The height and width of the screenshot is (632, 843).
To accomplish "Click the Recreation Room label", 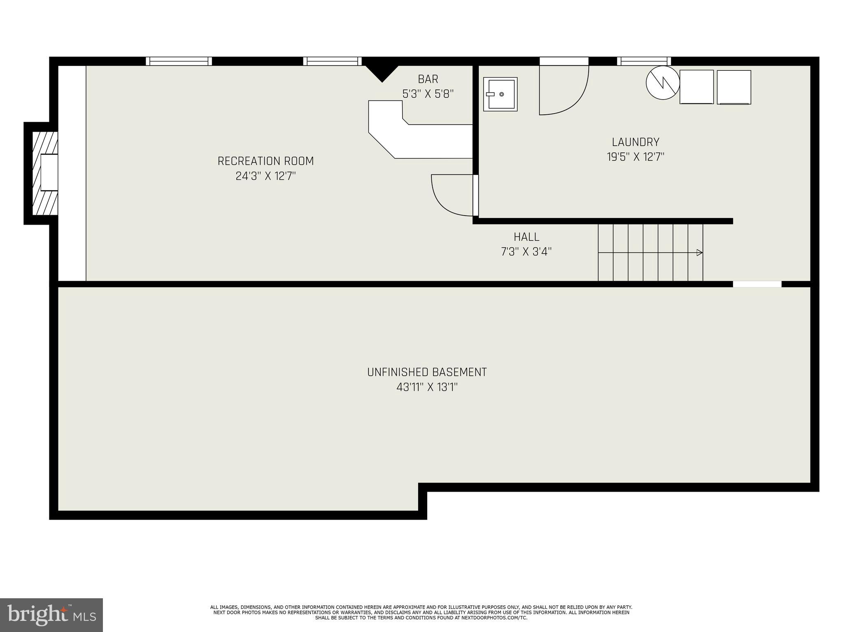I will (265, 161).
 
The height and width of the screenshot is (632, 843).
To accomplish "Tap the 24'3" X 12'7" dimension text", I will (265, 176).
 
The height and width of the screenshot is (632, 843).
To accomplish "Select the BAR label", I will (428, 79).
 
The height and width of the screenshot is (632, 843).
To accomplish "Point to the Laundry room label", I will (636, 142).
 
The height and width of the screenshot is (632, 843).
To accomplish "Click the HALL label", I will (526, 237).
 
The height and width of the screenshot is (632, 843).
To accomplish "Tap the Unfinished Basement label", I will (427, 372).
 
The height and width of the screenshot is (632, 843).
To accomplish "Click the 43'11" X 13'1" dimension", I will (427, 387).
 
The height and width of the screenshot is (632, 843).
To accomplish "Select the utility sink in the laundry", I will (500, 94).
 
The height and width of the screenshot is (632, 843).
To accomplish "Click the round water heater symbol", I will (663, 83).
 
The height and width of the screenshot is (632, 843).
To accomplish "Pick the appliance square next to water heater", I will (696, 87).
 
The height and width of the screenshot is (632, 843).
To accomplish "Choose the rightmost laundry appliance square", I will (734, 87).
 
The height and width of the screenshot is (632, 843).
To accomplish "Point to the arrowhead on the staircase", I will (699, 253).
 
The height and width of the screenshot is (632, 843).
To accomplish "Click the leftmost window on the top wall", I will (179, 61).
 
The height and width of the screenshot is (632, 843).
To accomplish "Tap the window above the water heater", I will (644, 61).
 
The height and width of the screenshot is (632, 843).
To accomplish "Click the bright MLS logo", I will (51, 615).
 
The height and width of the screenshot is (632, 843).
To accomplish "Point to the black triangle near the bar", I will (382, 72).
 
